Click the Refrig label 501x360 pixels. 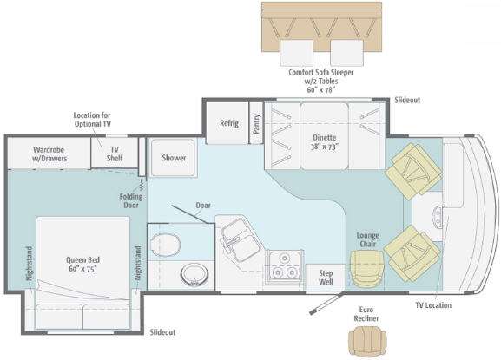(229, 123)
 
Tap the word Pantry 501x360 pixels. (256, 123)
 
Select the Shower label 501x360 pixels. (174, 158)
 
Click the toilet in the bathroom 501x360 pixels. (165, 245)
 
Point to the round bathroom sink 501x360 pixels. (194, 274)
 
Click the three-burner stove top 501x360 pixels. (285, 265)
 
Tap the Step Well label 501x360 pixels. (326, 278)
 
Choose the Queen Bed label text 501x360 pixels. (82, 265)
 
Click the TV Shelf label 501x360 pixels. (115, 154)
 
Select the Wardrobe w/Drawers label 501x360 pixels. (49, 154)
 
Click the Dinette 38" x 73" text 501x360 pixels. (325, 142)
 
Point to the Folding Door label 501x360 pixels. (131, 200)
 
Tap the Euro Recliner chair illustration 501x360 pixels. (366, 340)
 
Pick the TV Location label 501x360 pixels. (433, 305)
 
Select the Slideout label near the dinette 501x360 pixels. (407, 101)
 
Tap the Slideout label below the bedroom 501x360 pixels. (162, 332)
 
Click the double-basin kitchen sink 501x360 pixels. (238, 238)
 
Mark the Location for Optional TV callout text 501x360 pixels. (92, 120)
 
